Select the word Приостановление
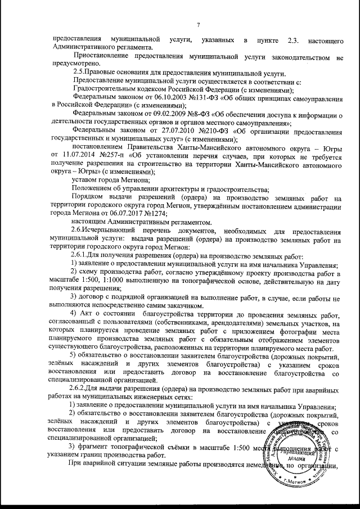click(x=100, y=57)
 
